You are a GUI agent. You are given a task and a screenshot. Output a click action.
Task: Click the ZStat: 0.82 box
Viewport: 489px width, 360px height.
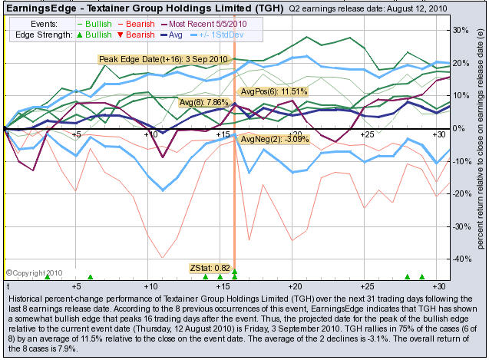(210, 268)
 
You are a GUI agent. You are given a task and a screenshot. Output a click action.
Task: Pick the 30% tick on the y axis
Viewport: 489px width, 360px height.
(463, 30)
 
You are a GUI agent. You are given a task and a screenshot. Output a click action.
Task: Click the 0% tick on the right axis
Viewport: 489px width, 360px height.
(460, 128)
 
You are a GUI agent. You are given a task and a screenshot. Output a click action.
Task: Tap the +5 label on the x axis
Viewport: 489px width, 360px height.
(76, 135)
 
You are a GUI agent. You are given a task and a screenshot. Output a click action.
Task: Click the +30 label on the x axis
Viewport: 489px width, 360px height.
(440, 135)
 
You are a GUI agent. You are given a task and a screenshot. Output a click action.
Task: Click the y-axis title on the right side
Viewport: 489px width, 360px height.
(480, 150)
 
